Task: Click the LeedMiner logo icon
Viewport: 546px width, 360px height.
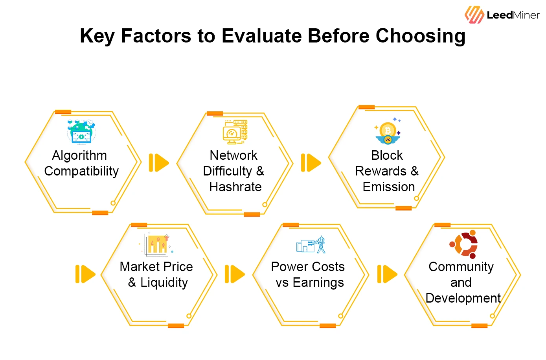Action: [474, 15]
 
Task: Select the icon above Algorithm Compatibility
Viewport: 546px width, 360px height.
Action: [81, 132]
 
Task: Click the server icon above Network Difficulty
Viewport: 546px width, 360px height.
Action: [235, 132]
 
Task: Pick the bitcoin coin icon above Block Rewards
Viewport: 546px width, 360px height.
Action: [388, 132]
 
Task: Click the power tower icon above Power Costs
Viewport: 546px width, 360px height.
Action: [311, 245]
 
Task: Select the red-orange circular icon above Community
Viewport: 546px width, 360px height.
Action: [464, 244]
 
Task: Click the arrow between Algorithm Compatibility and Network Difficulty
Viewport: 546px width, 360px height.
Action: [159, 162]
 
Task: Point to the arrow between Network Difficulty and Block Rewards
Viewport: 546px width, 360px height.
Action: [311, 162]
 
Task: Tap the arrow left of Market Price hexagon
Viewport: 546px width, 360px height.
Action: [85, 274]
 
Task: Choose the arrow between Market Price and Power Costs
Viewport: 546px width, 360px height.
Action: [235, 274]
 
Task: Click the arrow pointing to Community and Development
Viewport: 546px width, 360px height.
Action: [387, 274]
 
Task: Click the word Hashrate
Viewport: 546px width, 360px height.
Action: [235, 187]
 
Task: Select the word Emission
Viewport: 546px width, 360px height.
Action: [389, 187]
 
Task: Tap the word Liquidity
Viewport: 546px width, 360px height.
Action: [164, 282]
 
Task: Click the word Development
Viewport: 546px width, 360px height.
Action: [463, 298]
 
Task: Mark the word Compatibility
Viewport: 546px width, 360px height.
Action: [81, 171]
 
